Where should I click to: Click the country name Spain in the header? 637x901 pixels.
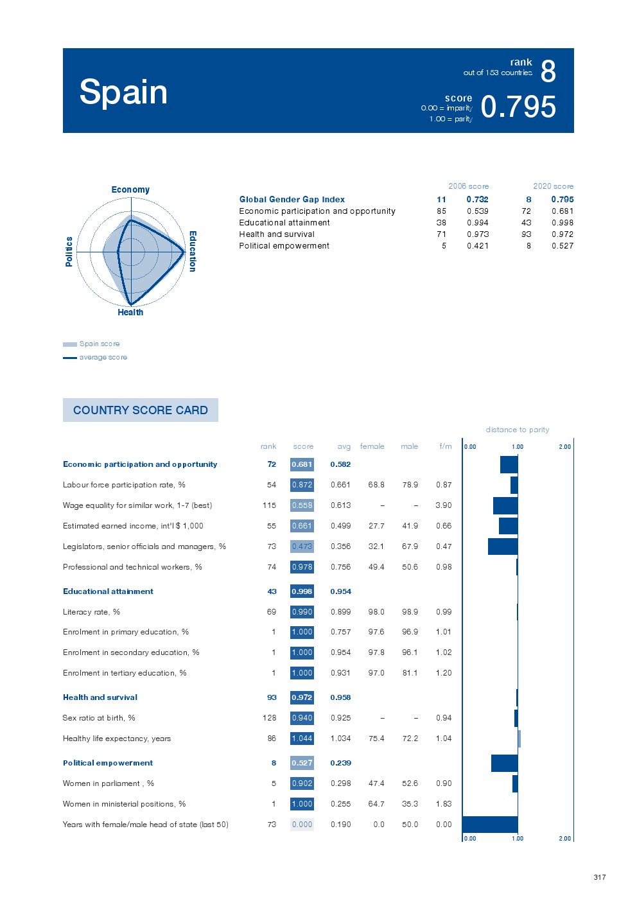pyautogui.click(x=123, y=92)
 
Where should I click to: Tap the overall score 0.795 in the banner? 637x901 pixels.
pyautogui.click(x=518, y=107)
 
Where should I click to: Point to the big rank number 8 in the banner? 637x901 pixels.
pyautogui.click(x=548, y=71)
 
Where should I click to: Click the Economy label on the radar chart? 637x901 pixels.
pyautogui.click(x=130, y=189)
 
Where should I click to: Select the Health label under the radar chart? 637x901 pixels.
pyautogui.click(x=130, y=312)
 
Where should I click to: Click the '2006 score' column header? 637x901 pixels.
pyautogui.click(x=468, y=186)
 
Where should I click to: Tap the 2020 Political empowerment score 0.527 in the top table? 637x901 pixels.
pyautogui.click(x=562, y=245)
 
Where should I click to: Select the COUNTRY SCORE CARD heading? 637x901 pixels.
pyautogui.click(x=140, y=410)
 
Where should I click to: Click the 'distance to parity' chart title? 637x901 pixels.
pyautogui.click(x=517, y=430)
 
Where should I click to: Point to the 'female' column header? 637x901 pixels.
pyautogui.click(x=372, y=446)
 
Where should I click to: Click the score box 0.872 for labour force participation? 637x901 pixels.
pyautogui.click(x=302, y=485)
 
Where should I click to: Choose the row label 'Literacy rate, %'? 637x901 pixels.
pyautogui.click(x=91, y=612)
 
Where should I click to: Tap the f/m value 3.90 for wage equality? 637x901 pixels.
pyautogui.click(x=443, y=505)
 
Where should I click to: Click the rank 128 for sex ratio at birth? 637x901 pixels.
pyautogui.click(x=269, y=718)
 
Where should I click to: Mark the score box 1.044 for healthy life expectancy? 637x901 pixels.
pyautogui.click(x=302, y=739)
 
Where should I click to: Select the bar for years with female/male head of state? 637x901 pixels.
pyautogui.click(x=490, y=825)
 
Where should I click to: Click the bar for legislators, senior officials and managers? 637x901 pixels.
pyautogui.click(x=503, y=547)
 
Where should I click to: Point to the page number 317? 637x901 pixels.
pyautogui.click(x=599, y=877)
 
